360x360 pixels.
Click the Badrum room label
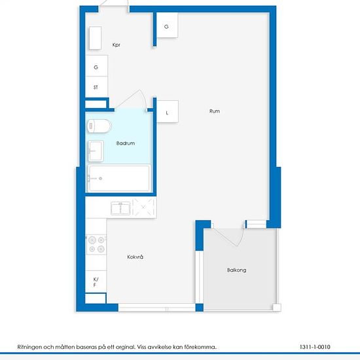click(x=126, y=143)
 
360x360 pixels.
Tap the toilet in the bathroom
click(x=99, y=126)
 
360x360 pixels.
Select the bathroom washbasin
click(x=96, y=151)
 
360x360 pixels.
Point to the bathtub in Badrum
click(x=119, y=178)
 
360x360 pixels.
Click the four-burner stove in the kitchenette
click(x=96, y=244)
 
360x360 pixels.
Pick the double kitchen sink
click(x=120, y=208)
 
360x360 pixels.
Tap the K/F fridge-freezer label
click(x=96, y=282)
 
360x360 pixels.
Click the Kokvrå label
click(x=135, y=257)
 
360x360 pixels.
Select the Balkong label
click(x=236, y=270)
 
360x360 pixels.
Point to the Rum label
click(x=215, y=111)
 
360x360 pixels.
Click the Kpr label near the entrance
click(x=116, y=45)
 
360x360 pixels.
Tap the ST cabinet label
click(x=96, y=87)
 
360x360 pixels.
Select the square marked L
click(x=168, y=111)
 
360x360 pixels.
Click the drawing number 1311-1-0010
click(x=315, y=347)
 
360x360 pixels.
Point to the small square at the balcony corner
click(x=277, y=308)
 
